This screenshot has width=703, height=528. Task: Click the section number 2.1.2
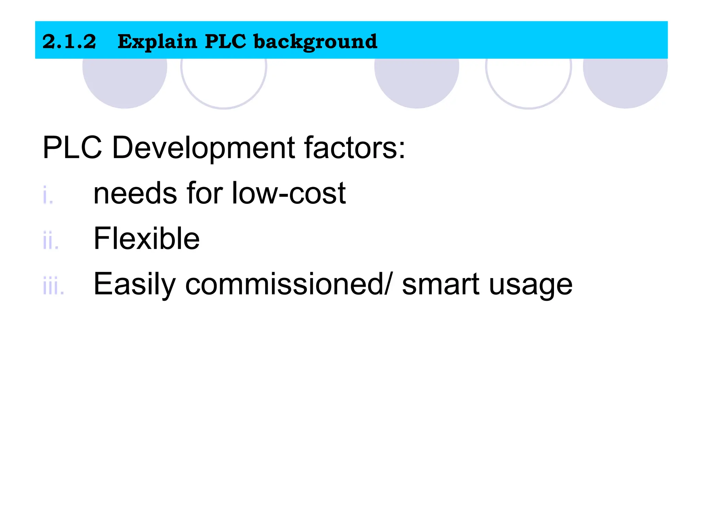pyautogui.click(x=69, y=42)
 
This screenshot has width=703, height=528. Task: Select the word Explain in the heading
pyautogui.click(x=157, y=42)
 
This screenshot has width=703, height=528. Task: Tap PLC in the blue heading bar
pyautogui.click(x=225, y=42)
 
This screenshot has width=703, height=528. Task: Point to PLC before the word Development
pyautogui.click(x=72, y=148)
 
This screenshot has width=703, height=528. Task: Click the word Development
pyautogui.click(x=203, y=148)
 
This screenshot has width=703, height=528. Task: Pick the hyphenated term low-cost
pyautogui.click(x=289, y=193)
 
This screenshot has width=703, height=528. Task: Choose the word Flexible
pyautogui.click(x=147, y=239)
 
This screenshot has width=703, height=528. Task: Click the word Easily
pyautogui.click(x=135, y=285)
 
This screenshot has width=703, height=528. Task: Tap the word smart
pyautogui.click(x=440, y=285)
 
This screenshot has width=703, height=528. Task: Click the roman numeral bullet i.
pyautogui.click(x=48, y=195)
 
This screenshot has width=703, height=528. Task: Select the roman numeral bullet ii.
pyautogui.click(x=50, y=241)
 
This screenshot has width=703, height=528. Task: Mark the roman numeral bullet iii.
pyautogui.click(x=53, y=286)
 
